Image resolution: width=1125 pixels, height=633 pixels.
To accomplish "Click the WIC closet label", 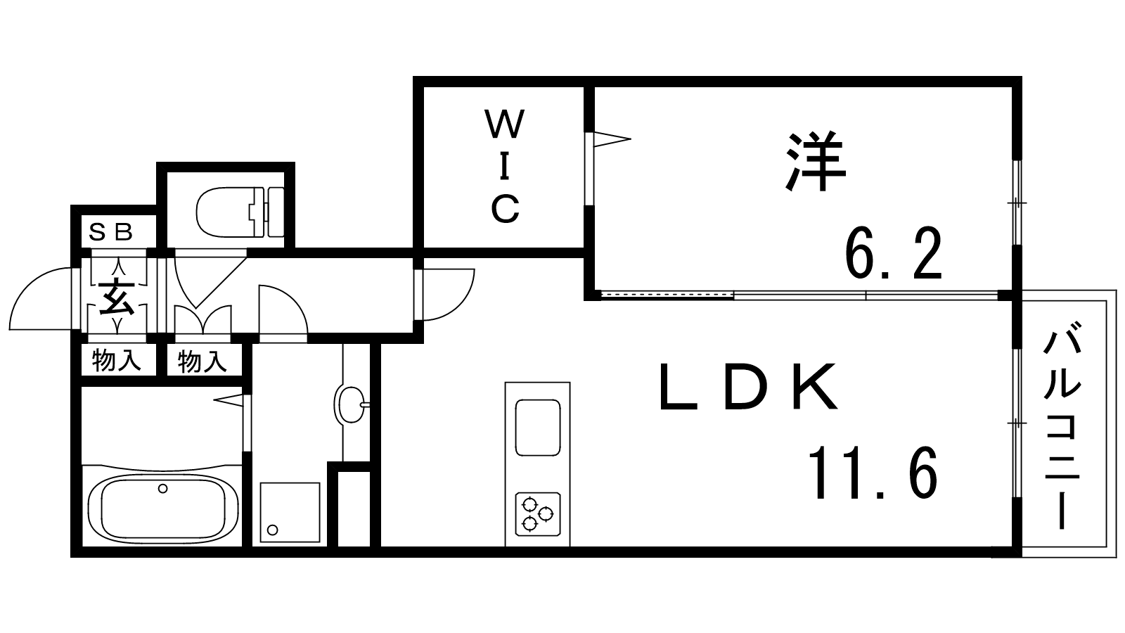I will pos(505,167).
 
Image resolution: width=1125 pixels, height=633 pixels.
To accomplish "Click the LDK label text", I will pos(748,388).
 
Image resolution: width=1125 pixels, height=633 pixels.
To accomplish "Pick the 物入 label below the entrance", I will pos(116,362).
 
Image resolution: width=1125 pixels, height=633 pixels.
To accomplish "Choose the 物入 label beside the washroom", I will pos(202,362).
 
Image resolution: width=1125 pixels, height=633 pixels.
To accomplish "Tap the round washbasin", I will pos(349,405).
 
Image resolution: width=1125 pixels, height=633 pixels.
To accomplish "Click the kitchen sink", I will pos(538,427).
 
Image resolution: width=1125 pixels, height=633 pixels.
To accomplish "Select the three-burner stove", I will pos(538,513).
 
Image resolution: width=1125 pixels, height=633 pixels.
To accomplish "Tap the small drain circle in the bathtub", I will pos(163,489).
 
